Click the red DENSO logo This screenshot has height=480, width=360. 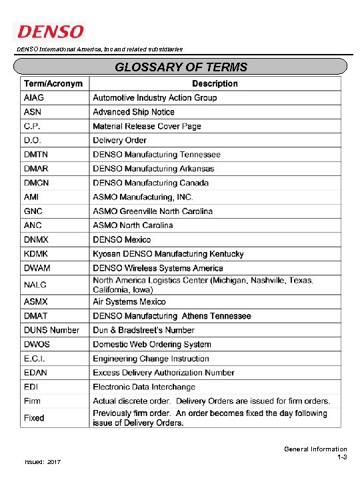[51, 31]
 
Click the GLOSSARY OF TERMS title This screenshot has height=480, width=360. [181, 67]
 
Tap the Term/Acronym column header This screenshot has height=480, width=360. [53, 84]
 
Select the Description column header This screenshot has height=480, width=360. [215, 84]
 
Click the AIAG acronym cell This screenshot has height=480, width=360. [35, 98]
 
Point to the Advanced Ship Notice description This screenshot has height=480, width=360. [133, 112]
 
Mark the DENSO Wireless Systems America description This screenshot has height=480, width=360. [158, 268]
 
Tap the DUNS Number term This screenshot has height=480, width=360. [51, 330]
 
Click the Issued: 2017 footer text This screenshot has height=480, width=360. [43, 462]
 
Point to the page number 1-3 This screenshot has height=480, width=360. [341, 458]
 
